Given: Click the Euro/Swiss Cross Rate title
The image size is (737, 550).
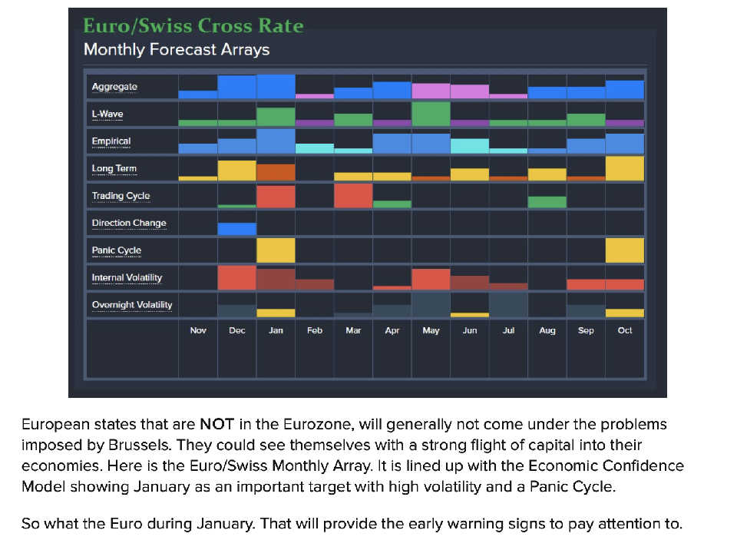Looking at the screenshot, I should point(193,26).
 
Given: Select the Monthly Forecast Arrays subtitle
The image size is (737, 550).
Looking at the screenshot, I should point(177,50).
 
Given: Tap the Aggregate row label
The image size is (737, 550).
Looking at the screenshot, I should point(114,87).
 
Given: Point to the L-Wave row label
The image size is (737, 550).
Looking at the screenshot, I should point(107,114).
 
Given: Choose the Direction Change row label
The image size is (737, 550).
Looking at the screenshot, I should point(129,224).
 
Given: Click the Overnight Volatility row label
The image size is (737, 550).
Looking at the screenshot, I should point(132,305).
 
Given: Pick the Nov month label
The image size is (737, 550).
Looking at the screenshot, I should point(198,330).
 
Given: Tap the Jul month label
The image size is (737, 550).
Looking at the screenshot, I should point(508,330).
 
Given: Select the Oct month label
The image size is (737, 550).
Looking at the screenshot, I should point(625,330).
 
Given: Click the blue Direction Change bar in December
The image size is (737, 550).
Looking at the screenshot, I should point(237,229).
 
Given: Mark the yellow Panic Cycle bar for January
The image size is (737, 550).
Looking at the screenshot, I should point(276,250).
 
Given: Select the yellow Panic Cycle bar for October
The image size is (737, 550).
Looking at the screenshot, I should point(625,250).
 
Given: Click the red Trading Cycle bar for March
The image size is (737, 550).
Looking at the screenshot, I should point(353,196).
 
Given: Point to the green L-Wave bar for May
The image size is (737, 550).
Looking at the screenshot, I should point(431,114).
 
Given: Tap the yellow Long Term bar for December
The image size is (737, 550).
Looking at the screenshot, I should point(237,171).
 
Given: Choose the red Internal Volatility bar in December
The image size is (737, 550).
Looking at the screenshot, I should point(237,277).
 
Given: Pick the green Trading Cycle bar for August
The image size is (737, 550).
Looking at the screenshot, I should point(547,202).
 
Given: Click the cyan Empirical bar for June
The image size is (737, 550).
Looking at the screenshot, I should point(470,146).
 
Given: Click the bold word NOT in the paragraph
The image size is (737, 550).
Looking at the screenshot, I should point(211,424).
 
